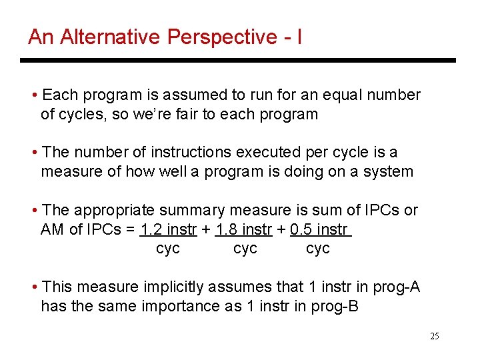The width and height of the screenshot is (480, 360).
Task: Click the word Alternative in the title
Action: [x=107, y=37]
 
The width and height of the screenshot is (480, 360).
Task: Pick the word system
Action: [x=390, y=171]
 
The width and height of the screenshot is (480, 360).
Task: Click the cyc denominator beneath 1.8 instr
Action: [x=245, y=249]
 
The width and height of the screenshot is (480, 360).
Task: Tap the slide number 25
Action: [x=435, y=336]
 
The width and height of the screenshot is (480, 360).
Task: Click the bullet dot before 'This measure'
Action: [x=34, y=287]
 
